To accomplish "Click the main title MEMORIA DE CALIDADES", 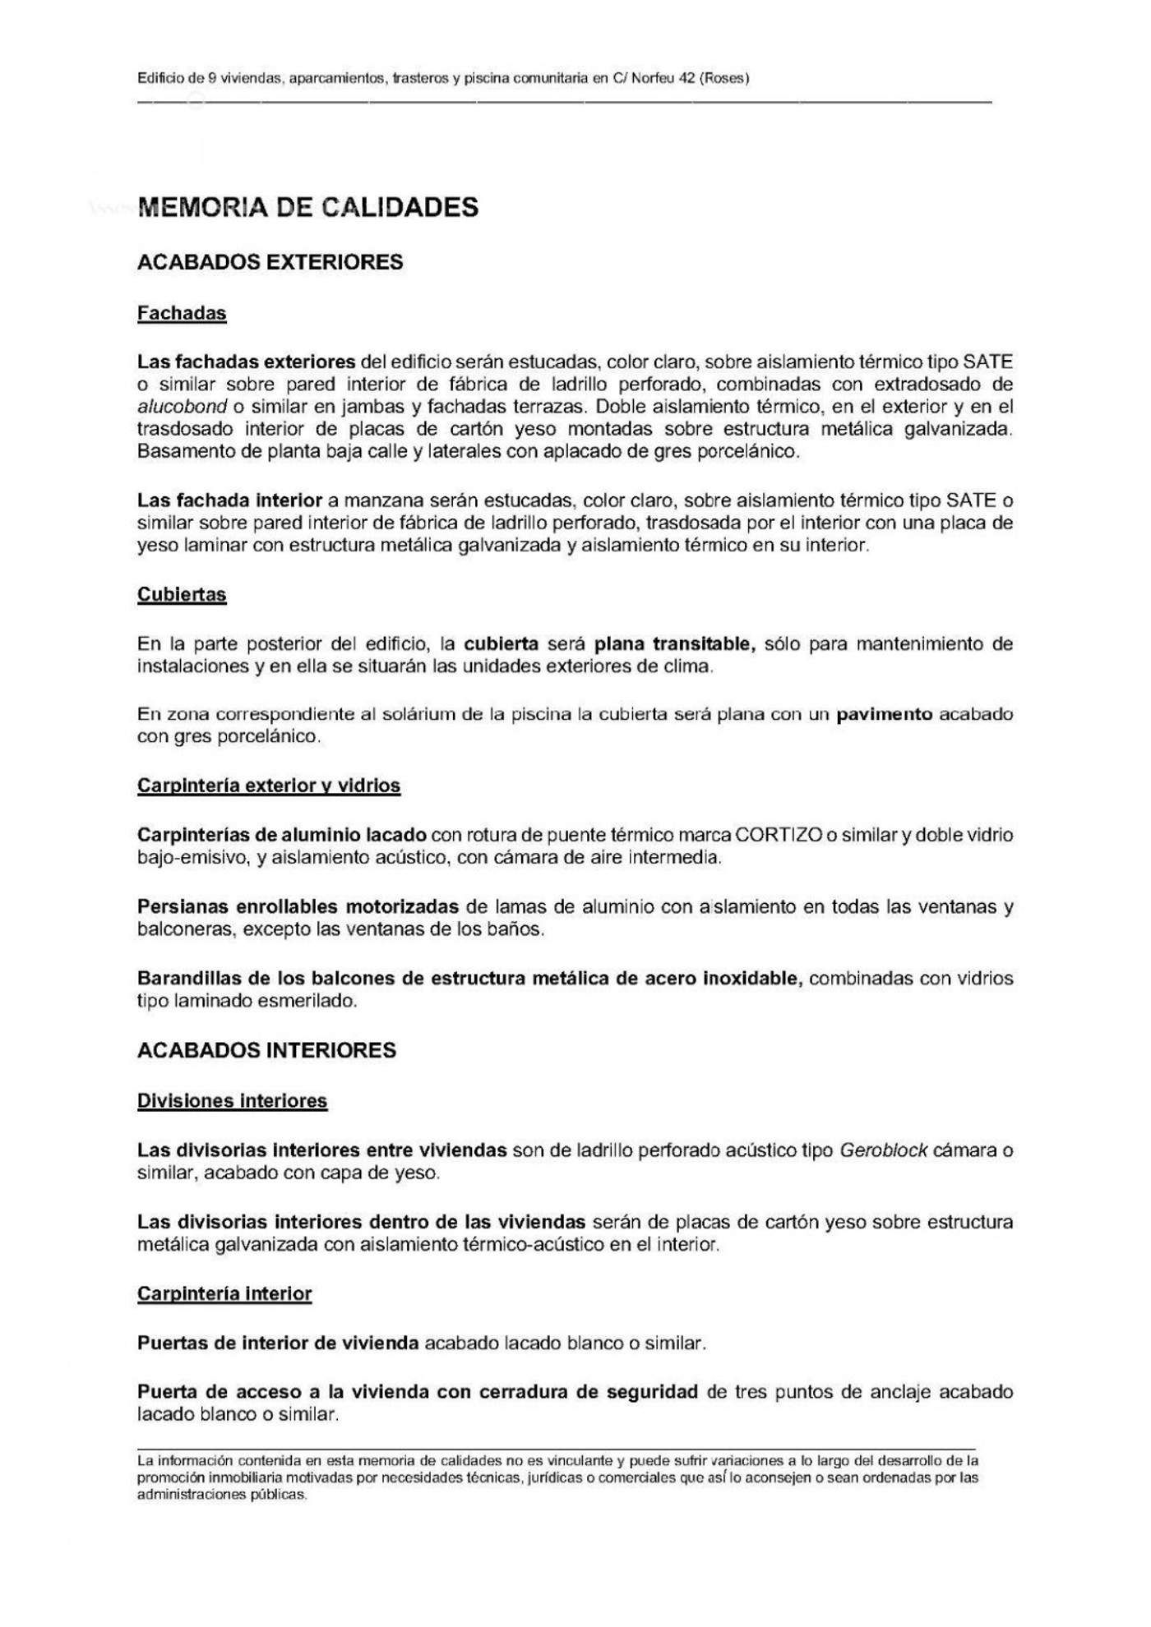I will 308,207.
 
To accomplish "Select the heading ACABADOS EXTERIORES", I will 270,262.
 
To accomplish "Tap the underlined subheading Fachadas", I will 182,313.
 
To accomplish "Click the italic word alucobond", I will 183,407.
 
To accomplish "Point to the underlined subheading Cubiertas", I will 182,594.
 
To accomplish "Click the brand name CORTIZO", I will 779,836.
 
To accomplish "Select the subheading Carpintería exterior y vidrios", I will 269,786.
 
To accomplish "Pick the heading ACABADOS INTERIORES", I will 267,1050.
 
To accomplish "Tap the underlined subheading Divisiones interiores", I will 232,1101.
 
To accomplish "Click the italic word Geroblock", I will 883,1150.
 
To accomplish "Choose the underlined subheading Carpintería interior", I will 224,1294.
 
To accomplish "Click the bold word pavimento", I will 885,714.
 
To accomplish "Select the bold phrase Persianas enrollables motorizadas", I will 298,907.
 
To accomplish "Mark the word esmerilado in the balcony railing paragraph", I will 317,1002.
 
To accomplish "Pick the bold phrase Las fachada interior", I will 229,500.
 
